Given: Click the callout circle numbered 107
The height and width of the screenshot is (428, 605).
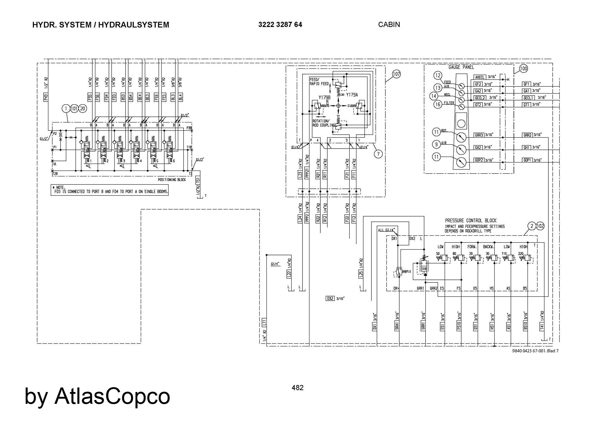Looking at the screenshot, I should pos(396,74).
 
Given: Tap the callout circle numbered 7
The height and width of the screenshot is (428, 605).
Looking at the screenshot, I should pos(378,154).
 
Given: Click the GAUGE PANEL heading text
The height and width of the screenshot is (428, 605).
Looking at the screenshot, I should pos(461,67).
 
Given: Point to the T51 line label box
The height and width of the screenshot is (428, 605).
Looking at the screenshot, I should pos(198,180).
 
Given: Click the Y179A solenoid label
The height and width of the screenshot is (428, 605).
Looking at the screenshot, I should pos(352,95).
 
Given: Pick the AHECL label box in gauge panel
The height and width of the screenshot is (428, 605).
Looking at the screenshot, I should pos(480,77).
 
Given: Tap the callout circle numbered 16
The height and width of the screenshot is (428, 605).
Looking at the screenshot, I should pos(438,104).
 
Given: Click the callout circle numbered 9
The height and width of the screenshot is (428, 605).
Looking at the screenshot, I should pos(436,144).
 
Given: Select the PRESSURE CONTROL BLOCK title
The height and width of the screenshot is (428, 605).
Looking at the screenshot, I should pos(471,221).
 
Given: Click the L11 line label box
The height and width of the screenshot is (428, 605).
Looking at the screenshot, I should pos(264,323).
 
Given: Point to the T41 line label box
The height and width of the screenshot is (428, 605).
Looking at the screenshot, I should pos(542,326).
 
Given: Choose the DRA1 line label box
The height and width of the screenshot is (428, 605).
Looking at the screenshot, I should pos(397,325).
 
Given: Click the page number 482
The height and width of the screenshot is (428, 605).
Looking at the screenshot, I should pos(297,387).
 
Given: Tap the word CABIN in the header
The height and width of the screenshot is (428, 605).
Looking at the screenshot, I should pos(389,25).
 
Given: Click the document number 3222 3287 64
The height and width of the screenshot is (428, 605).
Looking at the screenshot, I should pos(280,25).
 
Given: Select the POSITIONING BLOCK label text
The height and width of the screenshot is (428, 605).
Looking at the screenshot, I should pos(172,180).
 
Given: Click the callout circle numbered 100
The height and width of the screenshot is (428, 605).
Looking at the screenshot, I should pos(523,68).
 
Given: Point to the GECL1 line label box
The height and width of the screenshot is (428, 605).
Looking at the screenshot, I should pos(529,98).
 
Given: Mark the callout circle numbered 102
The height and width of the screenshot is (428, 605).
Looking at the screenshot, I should pos(540,226).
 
